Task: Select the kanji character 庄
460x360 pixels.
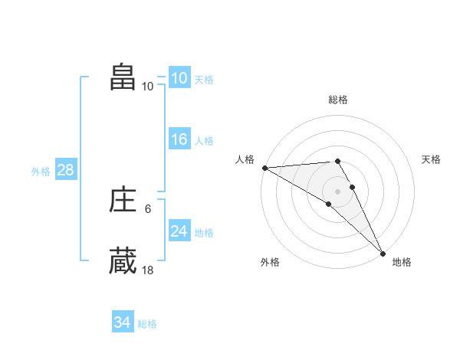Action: tap(123, 201)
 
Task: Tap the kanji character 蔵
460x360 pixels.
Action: tap(123, 260)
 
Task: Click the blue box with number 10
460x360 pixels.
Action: tap(179, 78)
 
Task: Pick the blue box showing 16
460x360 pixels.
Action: tap(179, 139)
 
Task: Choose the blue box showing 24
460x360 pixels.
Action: tap(179, 231)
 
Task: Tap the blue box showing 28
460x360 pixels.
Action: tap(65, 170)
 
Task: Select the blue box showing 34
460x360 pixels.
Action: tap(122, 322)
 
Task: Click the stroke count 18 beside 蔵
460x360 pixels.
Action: tap(148, 270)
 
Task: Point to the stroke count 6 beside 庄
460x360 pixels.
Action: tap(148, 208)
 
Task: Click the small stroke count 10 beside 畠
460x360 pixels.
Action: tap(148, 86)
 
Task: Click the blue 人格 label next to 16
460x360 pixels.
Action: tap(204, 141)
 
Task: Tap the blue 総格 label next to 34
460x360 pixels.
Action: tap(147, 324)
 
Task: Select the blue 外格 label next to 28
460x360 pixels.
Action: tap(41, 172)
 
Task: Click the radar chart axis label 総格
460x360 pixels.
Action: tap(337, 100)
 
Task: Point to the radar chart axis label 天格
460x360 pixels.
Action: tap(431, 159)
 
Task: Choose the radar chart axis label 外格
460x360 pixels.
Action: tap(270, 262)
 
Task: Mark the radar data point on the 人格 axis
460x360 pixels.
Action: tap(264, 168)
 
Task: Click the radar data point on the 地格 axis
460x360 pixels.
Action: tap(383, 253)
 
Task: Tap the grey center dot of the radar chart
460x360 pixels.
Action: tap(337, 191)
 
